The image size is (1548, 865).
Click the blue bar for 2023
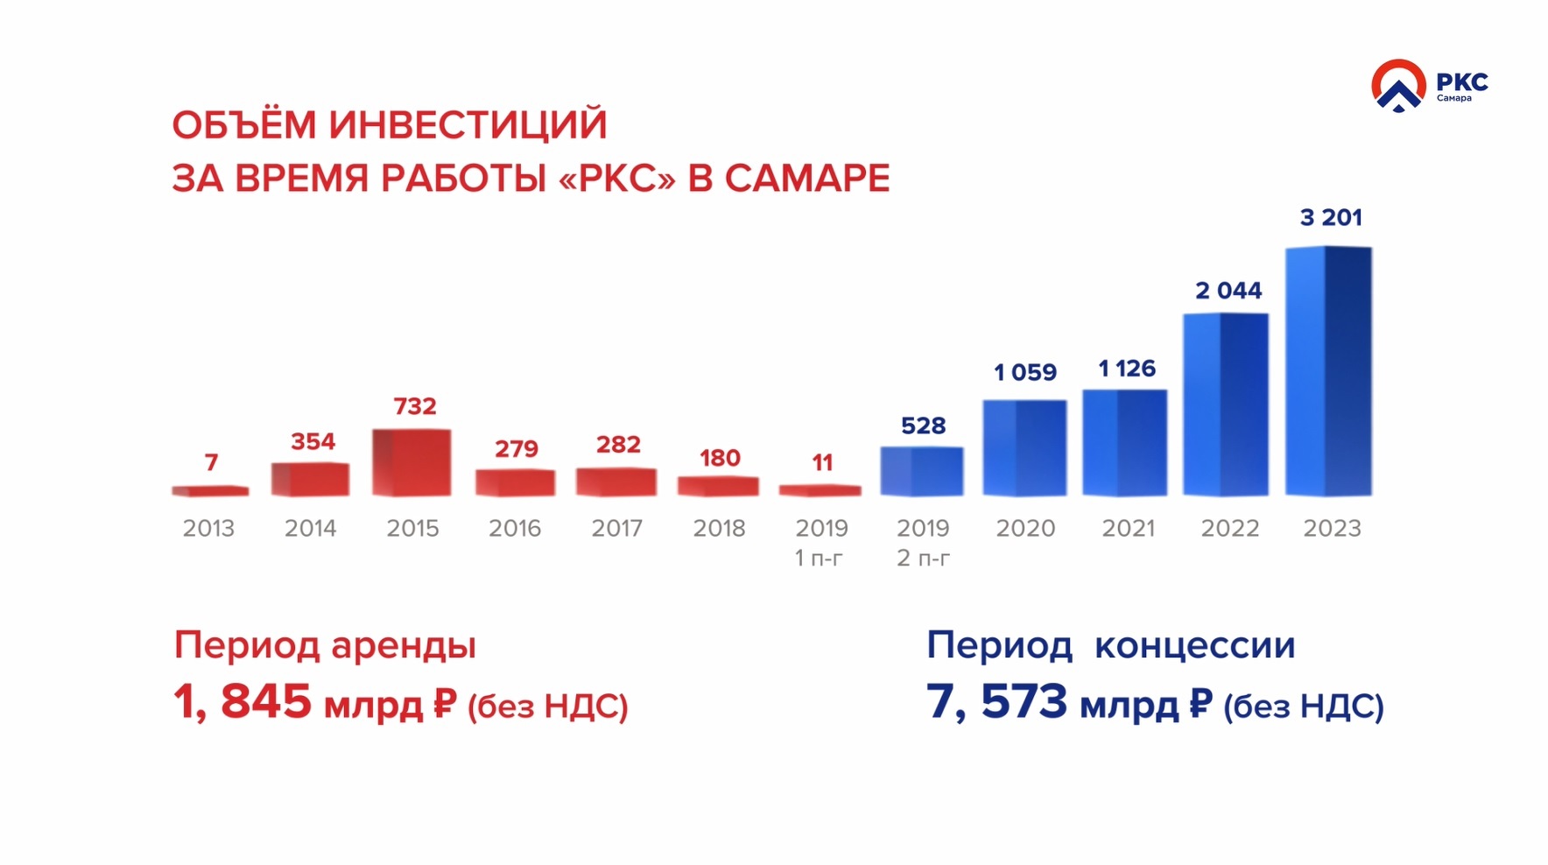(1328, 371)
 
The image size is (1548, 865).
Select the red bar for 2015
(412, 462)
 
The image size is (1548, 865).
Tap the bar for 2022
(1226, 404)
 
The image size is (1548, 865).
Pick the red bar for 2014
(310, 479)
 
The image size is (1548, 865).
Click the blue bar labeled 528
(922, 471)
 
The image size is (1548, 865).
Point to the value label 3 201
(1331, 217)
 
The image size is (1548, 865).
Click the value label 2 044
(1228, 291)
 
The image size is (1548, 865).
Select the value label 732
(414, 406)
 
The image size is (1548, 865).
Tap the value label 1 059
(1025, 372)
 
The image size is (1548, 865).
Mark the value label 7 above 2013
(211, 462)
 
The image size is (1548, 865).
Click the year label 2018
(719, 528)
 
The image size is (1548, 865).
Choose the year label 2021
(1128, 528)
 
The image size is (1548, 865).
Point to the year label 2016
(515, 528)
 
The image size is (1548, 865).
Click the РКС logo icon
(1398, 86)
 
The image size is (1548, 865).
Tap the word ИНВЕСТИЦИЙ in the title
(468, 124)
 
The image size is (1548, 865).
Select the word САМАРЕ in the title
(806, 179)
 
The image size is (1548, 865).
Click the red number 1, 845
(243, 702)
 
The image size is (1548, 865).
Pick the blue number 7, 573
(997, 702)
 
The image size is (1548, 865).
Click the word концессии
(1194, 646)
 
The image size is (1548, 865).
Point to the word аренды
(404, 646)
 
